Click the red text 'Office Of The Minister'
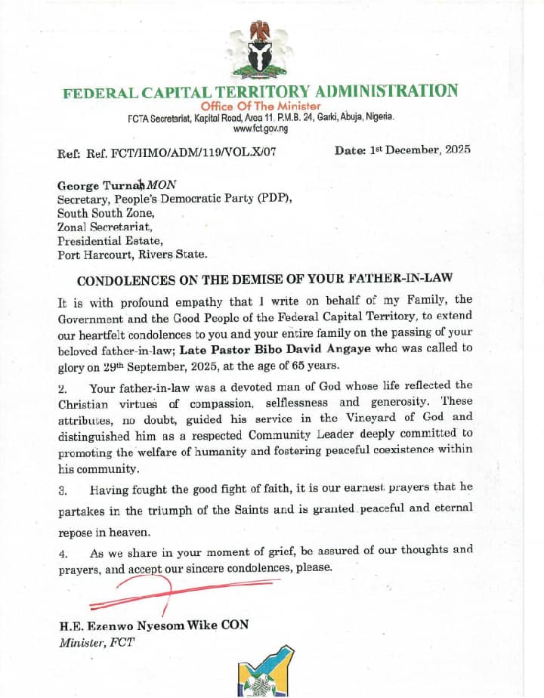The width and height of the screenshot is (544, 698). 261,107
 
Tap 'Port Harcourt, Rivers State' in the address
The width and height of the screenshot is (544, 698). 132,255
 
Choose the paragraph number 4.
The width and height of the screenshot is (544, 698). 63,553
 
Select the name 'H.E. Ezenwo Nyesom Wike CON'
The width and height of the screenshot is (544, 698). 153,626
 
